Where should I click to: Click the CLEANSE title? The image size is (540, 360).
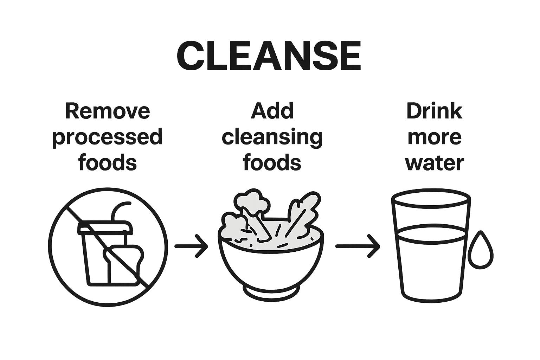tap(269, 56)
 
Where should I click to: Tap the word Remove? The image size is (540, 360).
tap(108, 111)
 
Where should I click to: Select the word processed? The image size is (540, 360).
tap(108, 137)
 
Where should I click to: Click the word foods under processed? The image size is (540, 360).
tap(108, 162)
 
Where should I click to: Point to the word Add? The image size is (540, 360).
tap(272, 111)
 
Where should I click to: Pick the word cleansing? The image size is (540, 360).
tap(272, 137)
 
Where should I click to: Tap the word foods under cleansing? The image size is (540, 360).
tap(272, 162)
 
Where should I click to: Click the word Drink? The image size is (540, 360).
tap(434, 111)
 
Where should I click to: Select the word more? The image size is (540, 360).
tap(435, 137)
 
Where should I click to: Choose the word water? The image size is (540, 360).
tap(435, 163)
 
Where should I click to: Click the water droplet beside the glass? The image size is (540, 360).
tap(481, 250)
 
